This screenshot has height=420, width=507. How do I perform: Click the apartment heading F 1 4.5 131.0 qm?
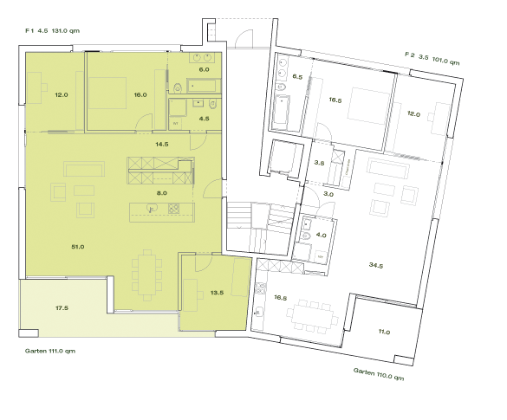click(x=54, y=30)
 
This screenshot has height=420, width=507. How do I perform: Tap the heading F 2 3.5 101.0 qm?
click(x=432, y=58)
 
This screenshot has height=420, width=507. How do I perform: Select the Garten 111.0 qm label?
click(x=51, y=352)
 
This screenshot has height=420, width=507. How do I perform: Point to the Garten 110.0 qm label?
click(x=379, y=374)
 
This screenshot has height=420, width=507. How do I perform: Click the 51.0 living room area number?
click(x=77, y=248)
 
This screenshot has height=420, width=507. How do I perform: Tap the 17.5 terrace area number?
click(x=62, y=307)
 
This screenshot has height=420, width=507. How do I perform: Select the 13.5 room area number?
click(x=218, y=293)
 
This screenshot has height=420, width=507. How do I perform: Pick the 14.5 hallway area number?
click(x=161, y=144)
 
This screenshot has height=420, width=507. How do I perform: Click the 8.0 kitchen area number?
click(x=161, y=193)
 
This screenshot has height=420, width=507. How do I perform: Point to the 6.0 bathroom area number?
click(x=204, y=69)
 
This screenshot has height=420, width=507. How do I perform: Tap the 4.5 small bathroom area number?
click(x=204, y=118)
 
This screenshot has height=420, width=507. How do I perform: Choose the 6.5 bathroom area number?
click(x=297, y=78)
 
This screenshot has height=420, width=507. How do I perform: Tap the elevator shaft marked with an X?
click(x=283, y=159)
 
